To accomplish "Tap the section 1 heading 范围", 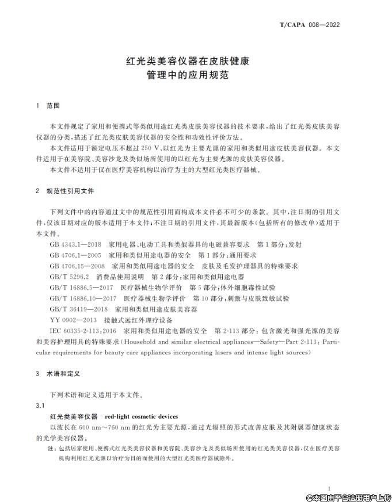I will (53, 106).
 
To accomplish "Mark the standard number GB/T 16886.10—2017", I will (83, 298).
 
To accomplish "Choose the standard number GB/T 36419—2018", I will (79, 309).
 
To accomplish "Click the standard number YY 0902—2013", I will (73, 320).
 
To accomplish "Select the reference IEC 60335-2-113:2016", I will (83, 331).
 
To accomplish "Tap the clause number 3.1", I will (40, 405).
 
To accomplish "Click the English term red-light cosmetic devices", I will (142, 416).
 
